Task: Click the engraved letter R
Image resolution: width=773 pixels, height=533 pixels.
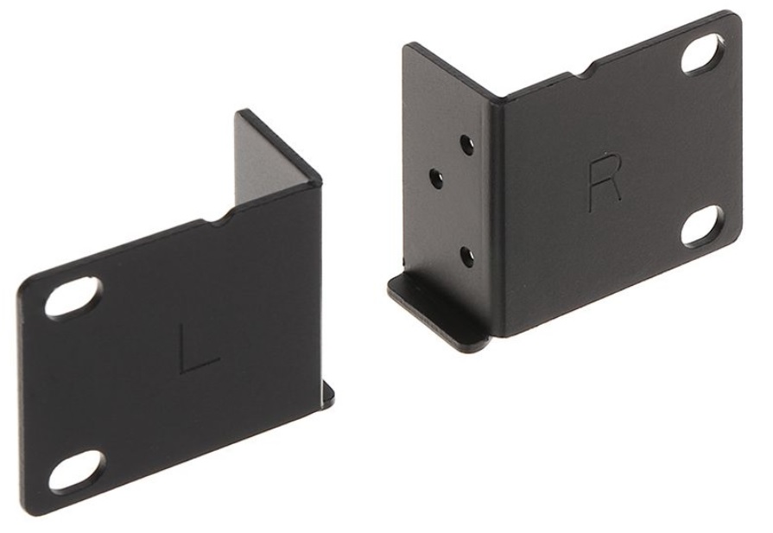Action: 605,182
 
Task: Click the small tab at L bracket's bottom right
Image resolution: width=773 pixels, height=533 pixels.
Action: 328,393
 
